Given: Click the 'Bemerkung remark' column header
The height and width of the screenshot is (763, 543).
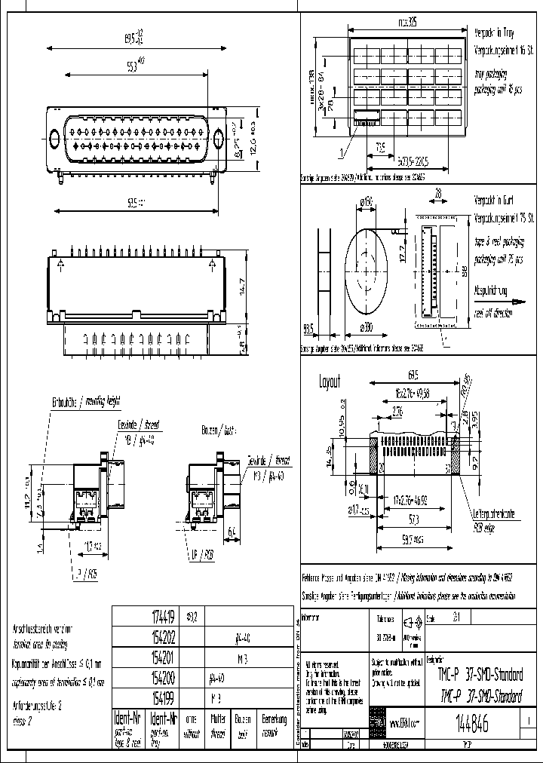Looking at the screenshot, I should click(274, 723).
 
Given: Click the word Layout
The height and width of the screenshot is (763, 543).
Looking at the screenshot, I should click(330, 381).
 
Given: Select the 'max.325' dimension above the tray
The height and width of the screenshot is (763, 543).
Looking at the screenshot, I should click(410, 22).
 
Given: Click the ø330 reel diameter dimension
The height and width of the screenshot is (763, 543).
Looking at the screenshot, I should click(368, 327).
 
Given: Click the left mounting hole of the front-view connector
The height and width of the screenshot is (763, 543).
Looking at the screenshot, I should click(54, 139).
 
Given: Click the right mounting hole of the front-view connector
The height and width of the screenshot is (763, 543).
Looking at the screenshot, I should click(219, 139).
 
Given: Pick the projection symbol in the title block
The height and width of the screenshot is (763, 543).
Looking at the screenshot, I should click(412, 623).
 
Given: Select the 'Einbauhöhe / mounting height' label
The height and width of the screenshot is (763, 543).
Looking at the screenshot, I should click(86, 401).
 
